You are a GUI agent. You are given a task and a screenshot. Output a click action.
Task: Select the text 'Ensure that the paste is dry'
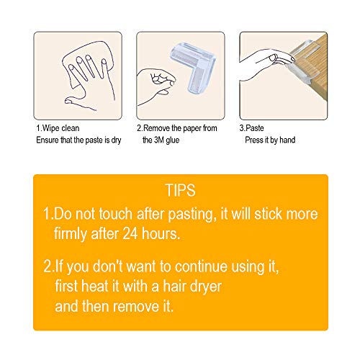click(80, 140)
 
